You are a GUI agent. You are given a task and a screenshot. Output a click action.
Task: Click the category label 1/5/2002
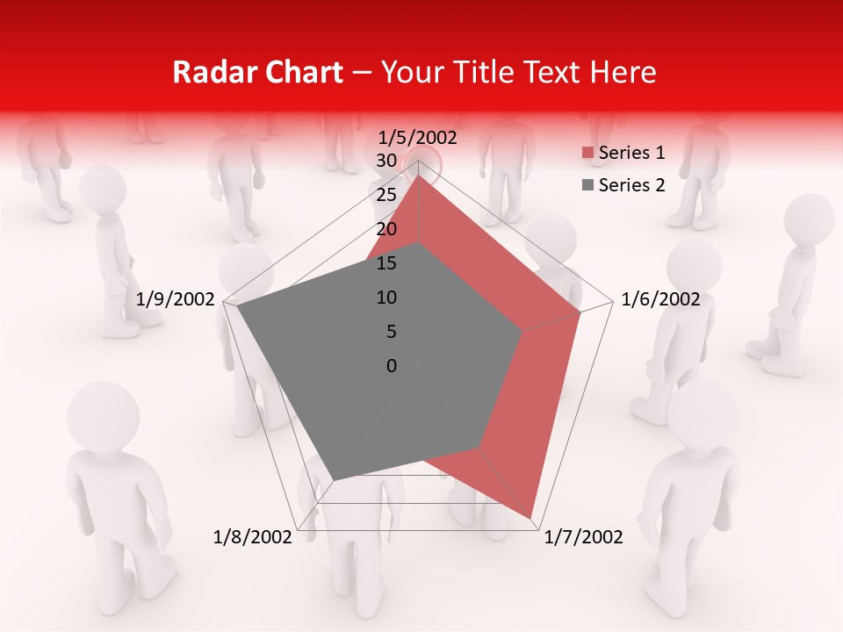pyautogui.click(x=418, y=137)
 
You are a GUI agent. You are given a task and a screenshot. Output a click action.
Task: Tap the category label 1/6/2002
pyautogui.click(x=660, y=299)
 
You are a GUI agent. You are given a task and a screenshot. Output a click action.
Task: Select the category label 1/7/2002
pyautogui.click(x=584, y=537)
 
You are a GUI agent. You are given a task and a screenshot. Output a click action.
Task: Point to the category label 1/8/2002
pyautogui.click(x=253, y=537)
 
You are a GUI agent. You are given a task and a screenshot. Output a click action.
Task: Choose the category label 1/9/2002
pyautogui.click(x=176, y=299)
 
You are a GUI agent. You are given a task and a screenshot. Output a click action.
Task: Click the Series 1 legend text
pyautogui.click(x=631, y=153)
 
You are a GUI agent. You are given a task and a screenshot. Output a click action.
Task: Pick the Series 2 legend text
pyautogui.click(x=631, y=184)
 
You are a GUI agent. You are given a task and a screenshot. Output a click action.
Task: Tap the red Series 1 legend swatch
pyautogui.click(x=587, y=154)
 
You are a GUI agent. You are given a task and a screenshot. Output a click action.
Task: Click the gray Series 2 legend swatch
pyautogui.click(x=587, y=185)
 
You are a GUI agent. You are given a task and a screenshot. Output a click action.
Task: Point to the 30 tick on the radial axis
pyautogui.click(x=386, y=161)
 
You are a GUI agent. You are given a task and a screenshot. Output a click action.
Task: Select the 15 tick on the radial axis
pyautogui.click(x=386, y=263)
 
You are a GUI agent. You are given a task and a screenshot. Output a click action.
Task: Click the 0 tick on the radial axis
pyautogui.click(x=392, y=366)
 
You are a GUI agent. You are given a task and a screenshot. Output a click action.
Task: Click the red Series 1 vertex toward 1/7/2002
pyautogui.click(x=531, y=518)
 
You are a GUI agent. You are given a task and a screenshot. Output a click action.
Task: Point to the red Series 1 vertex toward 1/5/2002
pyautogui.click(x=418, y=175)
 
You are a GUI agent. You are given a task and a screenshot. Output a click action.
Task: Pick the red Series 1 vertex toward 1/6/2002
pyautogui.click(x=580, y=312)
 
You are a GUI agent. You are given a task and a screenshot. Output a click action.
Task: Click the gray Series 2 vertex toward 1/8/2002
pyautogui.click(x=333, y=480)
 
